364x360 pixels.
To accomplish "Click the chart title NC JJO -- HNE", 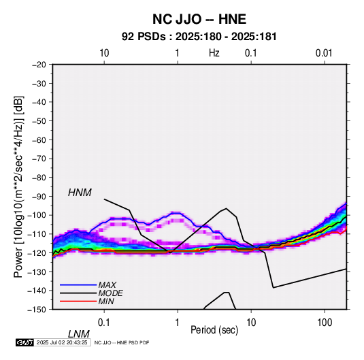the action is click(x=199, y=19).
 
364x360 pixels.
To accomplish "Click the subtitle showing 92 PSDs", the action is click(x=199, y=37).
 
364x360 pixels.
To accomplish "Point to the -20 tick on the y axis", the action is click(x=39, y=65).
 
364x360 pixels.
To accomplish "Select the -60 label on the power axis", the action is click(x=39, y=140).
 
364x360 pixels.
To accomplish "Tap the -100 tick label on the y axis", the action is click(x=37, y=215).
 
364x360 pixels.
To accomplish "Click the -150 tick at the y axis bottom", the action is click(x=37, y=310).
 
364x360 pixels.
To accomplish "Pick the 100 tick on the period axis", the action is click(x=325, y=323).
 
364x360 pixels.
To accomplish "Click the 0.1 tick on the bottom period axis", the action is click(x=104, y=323).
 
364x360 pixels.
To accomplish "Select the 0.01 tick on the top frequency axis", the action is click(x=324, y=53).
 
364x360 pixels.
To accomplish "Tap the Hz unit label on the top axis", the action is click(x=214, y=53).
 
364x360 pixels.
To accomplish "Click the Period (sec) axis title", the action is click(x=214, y=330).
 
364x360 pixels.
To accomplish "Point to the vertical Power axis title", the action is click(x=18, y=186).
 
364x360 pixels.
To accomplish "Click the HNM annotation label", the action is click(x=80, y=193).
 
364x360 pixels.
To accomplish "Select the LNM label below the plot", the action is click(x=79, y=334).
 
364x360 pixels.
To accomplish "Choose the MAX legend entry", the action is click(x=107, y=285).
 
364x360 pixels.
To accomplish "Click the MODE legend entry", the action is click(x=110, y=293).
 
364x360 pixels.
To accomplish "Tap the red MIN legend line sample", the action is click(x=78, y=301).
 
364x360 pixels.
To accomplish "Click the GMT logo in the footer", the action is click(x=25, y=342).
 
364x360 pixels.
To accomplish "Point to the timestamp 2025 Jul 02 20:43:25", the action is click(x=62, y=342).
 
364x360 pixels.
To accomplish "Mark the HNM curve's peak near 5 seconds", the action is click(x=226, y=208).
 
